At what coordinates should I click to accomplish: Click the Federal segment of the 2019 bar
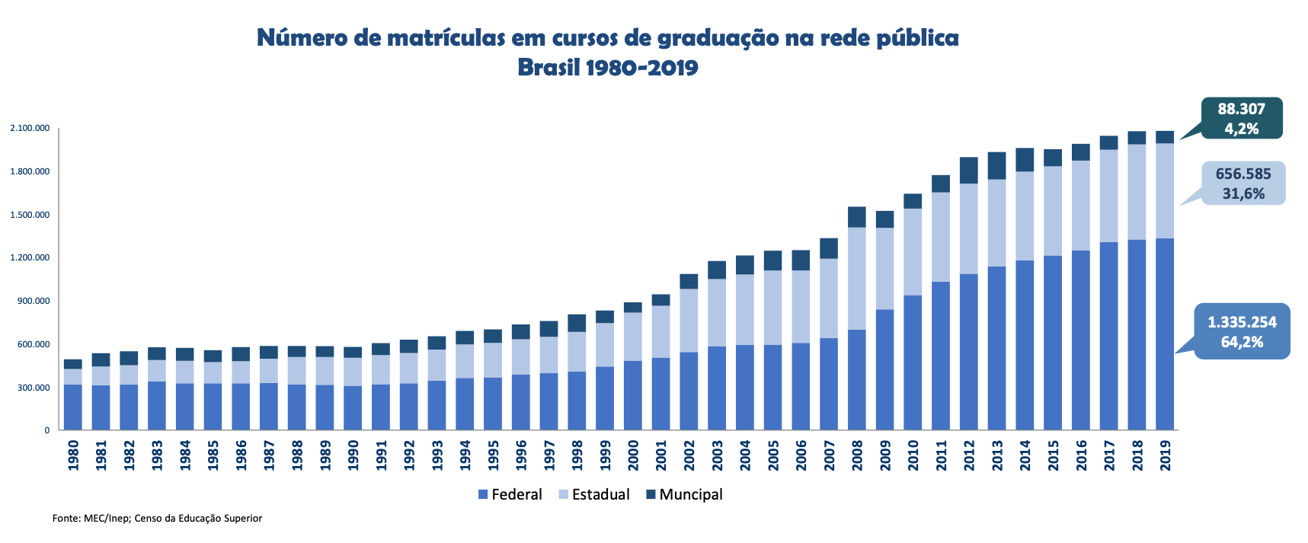coord(1165,335)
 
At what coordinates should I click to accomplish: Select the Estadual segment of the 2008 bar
coord(856,278)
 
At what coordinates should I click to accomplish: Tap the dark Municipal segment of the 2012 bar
coord(968,170)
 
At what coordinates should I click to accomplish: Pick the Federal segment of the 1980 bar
coord(73,407)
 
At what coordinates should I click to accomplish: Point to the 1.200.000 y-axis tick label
coord(30,257)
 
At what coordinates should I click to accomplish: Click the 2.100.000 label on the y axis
coord(30,128)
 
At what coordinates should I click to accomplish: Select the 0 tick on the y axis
coord(46,430)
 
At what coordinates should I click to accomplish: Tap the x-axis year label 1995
coord(493,455)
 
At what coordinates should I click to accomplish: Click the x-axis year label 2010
coord(913,455)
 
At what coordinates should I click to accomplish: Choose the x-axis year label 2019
coord(1165,455)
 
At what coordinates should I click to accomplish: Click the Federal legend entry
coord(510,494)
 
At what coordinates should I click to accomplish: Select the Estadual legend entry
coord(594,494)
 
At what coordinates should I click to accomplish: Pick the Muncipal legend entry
coord(684,494)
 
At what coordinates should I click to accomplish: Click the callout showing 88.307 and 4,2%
coord(1242,118)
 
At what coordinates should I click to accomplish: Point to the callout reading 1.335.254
coord(1242,331)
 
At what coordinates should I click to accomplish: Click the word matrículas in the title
coord(446,37)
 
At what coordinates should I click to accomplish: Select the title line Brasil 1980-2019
coord(607,67)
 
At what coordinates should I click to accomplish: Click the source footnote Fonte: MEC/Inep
coord(157,518)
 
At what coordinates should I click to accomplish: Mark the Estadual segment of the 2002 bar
coord(689,320)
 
